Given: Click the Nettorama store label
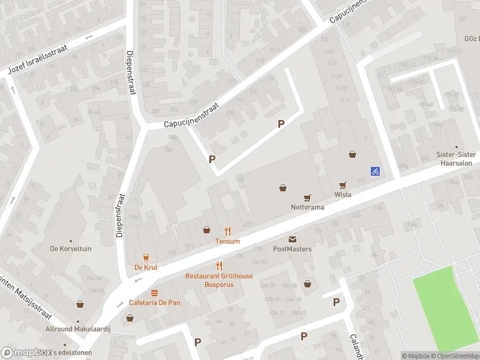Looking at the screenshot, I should pos(307,207).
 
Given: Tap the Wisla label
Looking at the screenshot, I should pos(343,194).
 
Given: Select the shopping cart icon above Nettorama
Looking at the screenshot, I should pos(307,197).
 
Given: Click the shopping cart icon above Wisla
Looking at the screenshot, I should pos(343,185).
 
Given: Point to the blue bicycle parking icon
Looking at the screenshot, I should pos(375,171).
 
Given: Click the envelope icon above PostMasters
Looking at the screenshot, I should pos(292,239).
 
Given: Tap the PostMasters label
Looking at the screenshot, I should pos(292,248).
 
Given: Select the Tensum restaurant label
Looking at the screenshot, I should pos(227,241).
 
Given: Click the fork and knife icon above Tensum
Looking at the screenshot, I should pos(227,230).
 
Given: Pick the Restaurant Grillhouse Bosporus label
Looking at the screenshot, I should pos(219,280).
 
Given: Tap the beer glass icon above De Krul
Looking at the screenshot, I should pos(146,257).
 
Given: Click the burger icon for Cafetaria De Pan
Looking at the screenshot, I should pos(154,292).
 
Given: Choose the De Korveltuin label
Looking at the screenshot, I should pos(71,248).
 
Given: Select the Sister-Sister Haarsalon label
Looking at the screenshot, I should pos(456,158).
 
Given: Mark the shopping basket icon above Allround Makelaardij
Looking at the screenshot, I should pos(80,304).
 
